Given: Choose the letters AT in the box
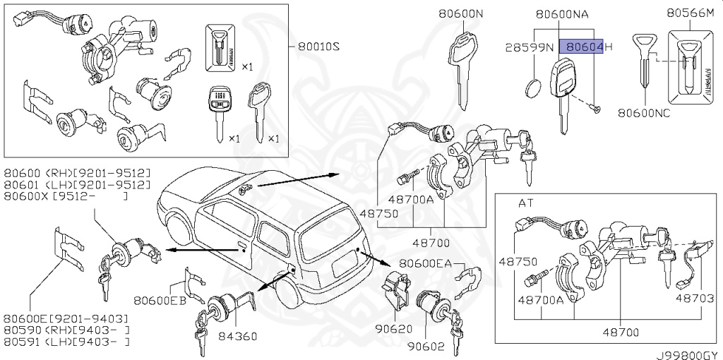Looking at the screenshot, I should point(527,203).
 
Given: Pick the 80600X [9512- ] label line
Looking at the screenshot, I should point(66,196).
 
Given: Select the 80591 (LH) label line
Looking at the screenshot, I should point(66,342).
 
